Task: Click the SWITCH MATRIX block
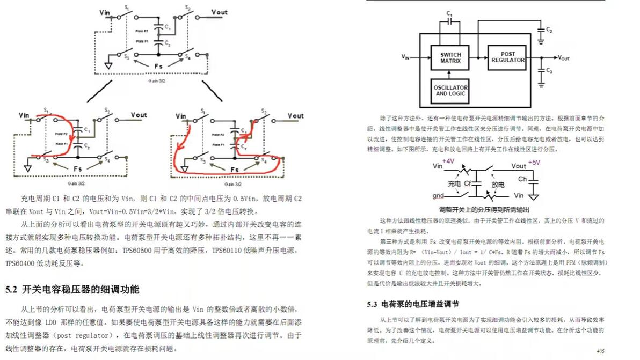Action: click(450, 57)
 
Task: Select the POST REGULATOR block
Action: click(507, 57)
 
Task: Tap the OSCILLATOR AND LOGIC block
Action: click(451, 91)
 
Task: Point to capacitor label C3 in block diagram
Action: click(549, 71)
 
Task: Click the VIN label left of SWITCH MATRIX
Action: click(405, 56)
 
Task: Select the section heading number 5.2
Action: click(12, 290)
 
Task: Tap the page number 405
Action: click(601, 351)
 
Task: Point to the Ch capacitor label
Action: click(521, 179)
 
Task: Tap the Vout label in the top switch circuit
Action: click(219, 12)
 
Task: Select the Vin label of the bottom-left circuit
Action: click(24, 115)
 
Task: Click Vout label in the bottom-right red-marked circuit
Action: click(295, 115)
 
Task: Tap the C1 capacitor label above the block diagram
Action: click(450, 13)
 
